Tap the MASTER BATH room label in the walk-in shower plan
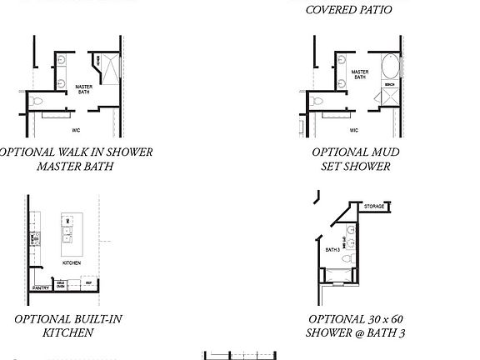[84, 88]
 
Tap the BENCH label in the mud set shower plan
[388, 85]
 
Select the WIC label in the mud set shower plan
[353, 130]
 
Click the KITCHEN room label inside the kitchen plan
[72, 262]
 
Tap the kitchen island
[72, 235]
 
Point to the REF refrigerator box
[86, 283]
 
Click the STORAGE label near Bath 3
[374, 207]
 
